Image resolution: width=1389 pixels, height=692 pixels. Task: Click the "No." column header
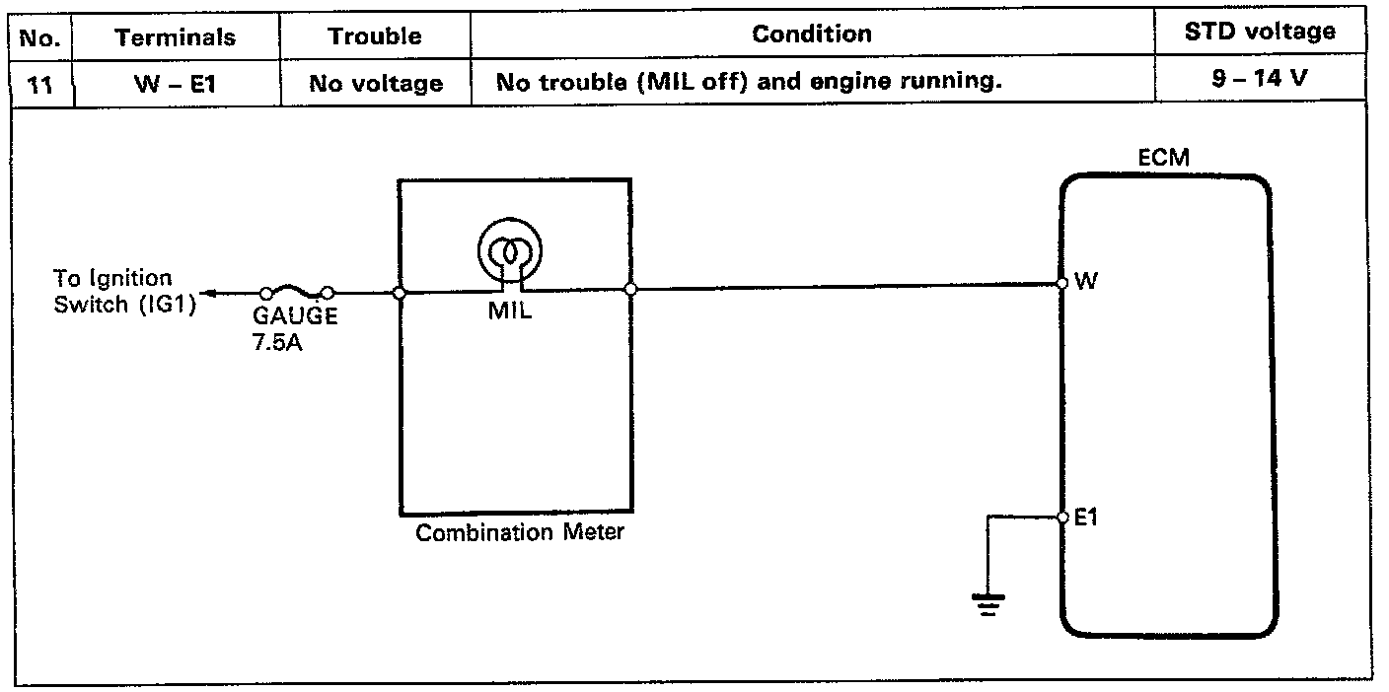click(40, 38)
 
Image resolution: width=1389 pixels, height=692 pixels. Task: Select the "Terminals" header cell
click(175, 38)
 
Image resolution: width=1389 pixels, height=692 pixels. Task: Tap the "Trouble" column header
click(375, 37)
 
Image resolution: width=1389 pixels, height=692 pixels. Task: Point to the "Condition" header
click(812, 35)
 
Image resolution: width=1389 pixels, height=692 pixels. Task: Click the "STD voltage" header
click(1260, 32)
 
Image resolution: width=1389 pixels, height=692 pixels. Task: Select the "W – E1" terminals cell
click(175, 84)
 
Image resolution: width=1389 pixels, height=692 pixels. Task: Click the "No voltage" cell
click(376, 84)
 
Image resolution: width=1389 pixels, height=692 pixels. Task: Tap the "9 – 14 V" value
click(1260, 78)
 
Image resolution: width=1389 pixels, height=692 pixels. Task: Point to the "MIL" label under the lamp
click(510, 312)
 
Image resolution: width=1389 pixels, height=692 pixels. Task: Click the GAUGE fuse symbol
click(296, 292)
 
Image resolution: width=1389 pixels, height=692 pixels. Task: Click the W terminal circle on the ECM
click(1062, 283)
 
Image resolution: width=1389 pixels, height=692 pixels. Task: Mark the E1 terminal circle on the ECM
click(1062, 517)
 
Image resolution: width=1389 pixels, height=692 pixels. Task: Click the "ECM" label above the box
click(1164, 159)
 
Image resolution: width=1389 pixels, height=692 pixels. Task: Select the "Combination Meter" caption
click(519, 534)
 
